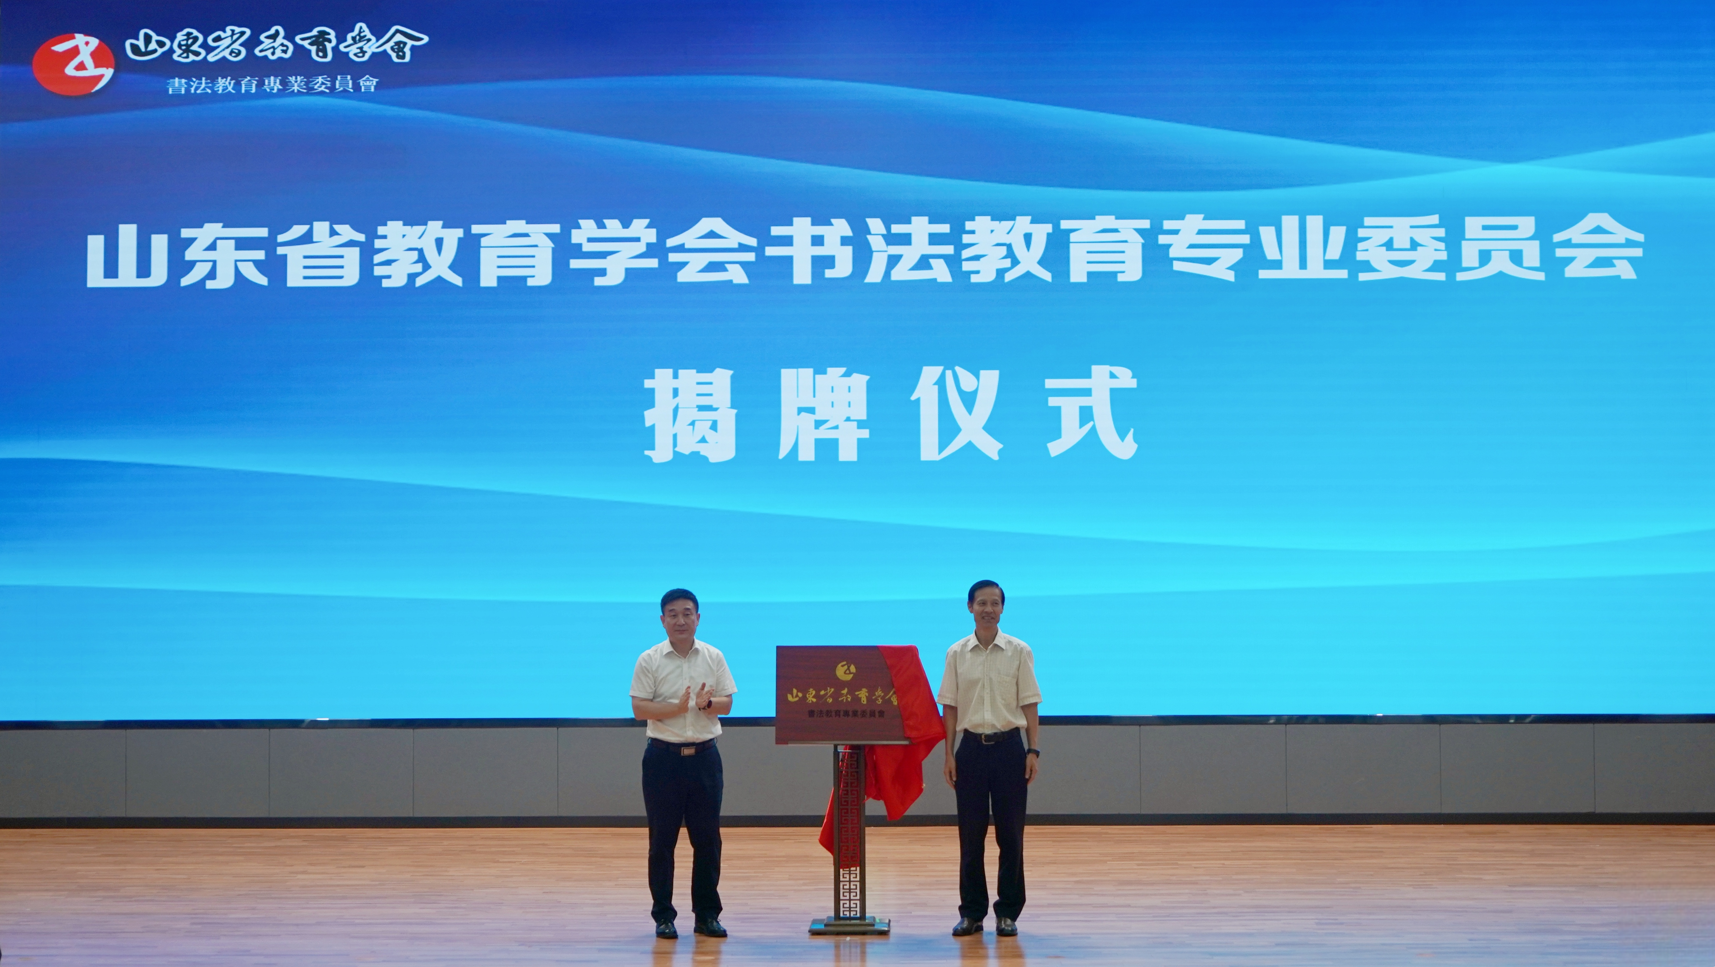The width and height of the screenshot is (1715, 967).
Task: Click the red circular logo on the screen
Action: pos(73,64)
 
